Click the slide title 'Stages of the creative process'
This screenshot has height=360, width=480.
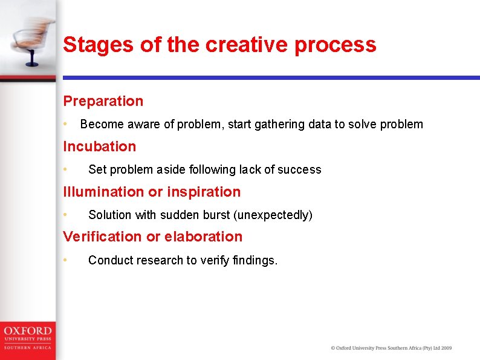click(x=219, y=45)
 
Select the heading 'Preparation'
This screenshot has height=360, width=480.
click(x=103, y=101)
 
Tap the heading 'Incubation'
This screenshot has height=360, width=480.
click(x=100, y=146)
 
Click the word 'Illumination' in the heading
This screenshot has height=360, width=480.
click(x=103, y=192)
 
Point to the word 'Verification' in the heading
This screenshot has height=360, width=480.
click(x=102, y=237)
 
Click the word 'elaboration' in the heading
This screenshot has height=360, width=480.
click(x=206, y=237)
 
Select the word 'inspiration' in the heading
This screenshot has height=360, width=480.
click(x=204, y=192)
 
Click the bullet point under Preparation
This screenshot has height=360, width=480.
click(x=66, y=124)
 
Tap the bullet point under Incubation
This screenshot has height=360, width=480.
click(x=66, y=169)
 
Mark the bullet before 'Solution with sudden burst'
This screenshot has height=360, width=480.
click(x=66, y=215)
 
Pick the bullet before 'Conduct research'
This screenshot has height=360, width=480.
click(x=66, y=260)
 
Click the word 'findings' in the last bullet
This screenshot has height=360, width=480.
click(x=255, y=260)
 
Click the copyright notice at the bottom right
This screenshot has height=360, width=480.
click(x=391, y=348)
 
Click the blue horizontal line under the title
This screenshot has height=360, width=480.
click(x=271, y=78)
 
